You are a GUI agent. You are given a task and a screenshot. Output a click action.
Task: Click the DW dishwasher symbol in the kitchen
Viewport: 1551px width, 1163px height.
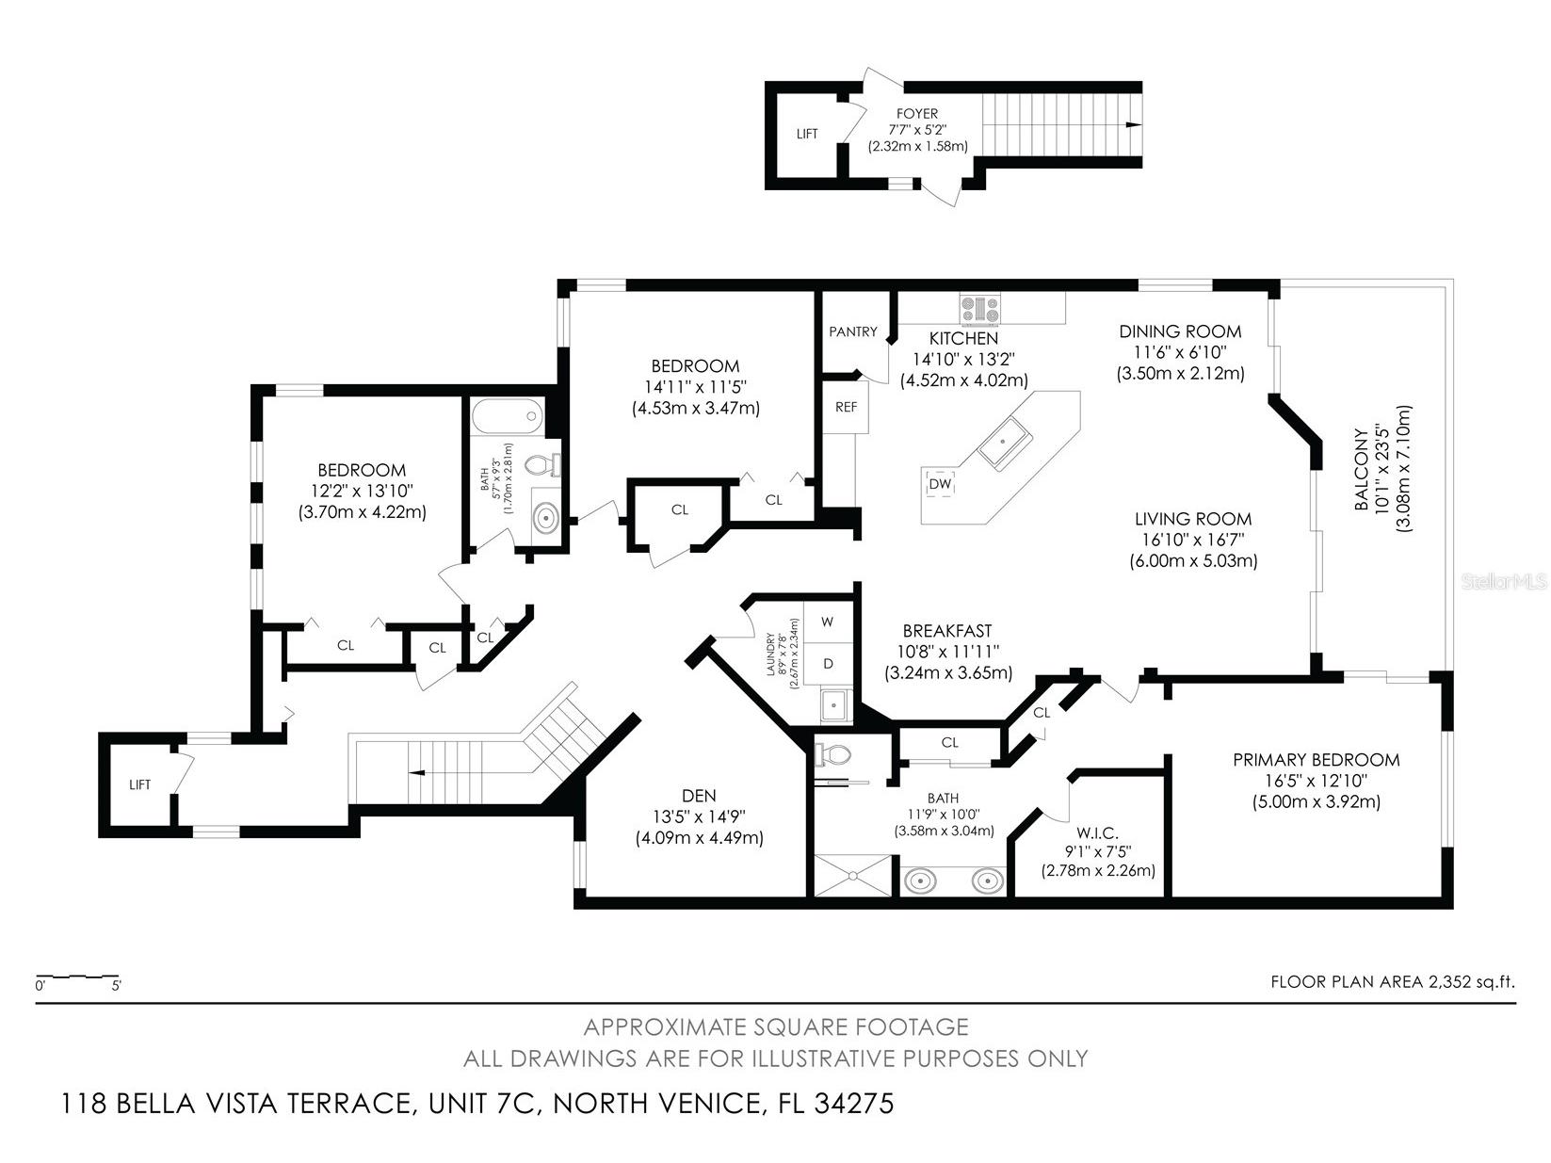[940, 484]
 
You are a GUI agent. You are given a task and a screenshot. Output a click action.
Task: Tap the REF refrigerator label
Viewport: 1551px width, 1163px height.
[846, 407]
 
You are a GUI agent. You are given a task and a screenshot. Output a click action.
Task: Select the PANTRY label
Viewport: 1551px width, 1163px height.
[852, 331]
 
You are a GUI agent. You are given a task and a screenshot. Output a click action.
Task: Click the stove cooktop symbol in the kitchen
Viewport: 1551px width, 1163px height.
[981, 307]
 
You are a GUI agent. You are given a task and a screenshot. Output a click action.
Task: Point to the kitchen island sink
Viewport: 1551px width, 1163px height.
[1005, 443]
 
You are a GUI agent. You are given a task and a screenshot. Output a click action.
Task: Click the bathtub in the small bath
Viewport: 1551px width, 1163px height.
[507, 414]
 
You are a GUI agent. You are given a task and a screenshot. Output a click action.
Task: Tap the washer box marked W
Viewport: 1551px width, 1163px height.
[828, 622]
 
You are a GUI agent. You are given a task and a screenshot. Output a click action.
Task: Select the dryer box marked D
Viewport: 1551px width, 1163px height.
[828, 663]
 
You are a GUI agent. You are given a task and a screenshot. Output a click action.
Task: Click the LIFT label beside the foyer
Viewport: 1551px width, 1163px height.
[807, 134]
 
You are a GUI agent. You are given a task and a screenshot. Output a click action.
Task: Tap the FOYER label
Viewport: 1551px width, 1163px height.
[916, 114]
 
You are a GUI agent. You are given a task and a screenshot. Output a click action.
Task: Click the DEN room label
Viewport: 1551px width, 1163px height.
[699, 797]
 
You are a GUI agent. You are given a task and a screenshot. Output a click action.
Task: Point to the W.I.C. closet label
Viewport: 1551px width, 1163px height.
[1097, 833]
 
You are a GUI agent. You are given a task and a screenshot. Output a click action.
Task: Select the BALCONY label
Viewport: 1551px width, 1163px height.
[1361, 471]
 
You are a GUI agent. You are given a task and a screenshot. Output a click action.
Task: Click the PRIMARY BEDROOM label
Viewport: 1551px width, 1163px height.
[1316, 760]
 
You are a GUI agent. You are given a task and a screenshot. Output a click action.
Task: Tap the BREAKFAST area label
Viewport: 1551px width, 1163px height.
[946, 631]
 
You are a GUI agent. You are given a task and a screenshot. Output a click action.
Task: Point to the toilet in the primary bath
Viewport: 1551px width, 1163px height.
[832, 754]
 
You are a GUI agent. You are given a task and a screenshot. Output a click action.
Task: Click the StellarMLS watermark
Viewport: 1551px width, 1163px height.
[1503, 582]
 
